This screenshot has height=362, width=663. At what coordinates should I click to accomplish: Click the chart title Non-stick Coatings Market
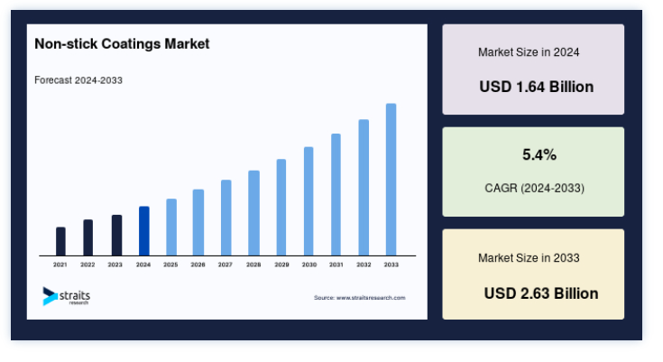tap(122, 44)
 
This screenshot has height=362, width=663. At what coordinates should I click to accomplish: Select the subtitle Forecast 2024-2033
tap(78, 80)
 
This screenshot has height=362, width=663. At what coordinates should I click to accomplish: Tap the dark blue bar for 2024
tap(143, 231)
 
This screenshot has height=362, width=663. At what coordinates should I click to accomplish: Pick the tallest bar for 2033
tap(391, 180)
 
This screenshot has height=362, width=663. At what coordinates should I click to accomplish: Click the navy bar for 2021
tap(60, 241)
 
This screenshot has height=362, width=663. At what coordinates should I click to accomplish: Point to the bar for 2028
tap(253, 213)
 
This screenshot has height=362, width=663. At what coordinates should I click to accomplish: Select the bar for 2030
tap(308, 201)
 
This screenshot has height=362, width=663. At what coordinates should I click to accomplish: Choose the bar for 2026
tap(198, 222)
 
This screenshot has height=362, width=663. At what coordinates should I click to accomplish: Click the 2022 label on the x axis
tap(87, 265)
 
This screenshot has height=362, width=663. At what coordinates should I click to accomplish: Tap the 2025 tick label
tap(170, 265)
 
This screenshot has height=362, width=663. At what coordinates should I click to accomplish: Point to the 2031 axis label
tap(336, 265)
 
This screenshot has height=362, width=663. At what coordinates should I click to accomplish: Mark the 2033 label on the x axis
tap(391, 265)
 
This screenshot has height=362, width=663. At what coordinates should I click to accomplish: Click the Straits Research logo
tap(67, 296)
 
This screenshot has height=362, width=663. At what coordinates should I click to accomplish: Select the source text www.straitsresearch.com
tap(371, 298)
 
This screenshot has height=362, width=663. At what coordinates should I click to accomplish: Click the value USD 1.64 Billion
tap(536, 87)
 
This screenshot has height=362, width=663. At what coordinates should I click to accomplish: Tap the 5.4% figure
tap(539, 155)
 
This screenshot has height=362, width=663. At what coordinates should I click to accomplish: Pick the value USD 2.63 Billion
tap(541, 293)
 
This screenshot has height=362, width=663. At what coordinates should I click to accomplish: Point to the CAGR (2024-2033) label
tap(534, 188)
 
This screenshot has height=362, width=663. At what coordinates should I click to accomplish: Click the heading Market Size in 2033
tap(529, 258)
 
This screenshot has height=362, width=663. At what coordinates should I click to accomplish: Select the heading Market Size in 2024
tap(529, 52)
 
